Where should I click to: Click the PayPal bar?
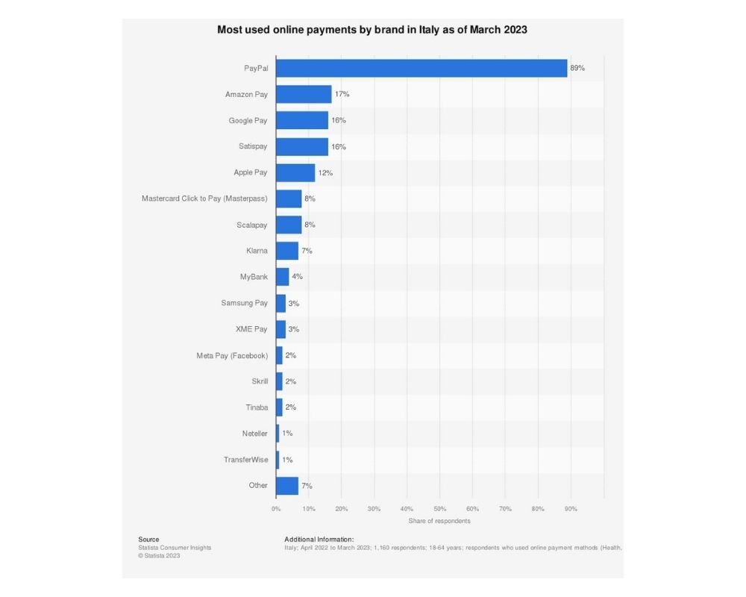coord(421,68)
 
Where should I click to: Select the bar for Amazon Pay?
coord(304,94)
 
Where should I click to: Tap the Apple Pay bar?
coord(295,172)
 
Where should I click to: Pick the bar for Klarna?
coord(287,251)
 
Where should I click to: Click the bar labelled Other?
coord(287,486)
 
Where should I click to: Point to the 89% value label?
coord(577,68)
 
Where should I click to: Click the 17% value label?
coord(342,94)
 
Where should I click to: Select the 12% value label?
coord(325,172)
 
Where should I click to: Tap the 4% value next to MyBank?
coord(297,277)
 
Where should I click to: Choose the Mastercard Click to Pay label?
coord(204,199)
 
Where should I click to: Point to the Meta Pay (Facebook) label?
coord(232,355)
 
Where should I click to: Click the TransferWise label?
coord(245,460)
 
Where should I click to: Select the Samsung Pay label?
coord(244,303)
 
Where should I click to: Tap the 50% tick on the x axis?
coord(439,509)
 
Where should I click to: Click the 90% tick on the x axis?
coord(571,509)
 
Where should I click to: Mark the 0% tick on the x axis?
coord(276,509)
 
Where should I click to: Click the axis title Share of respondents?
coord(439,521)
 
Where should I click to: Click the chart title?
coord(372,31)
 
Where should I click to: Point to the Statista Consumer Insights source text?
coord(175,548)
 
